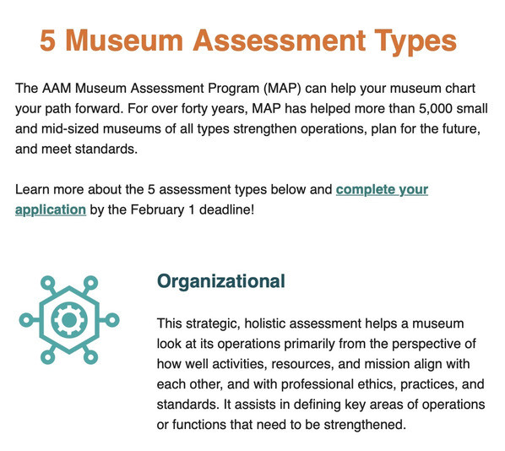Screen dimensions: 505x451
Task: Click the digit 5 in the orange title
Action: coord(47,41)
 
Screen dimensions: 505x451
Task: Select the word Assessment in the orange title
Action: coord(280,41)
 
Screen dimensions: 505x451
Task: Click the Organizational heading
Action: coord(221,281)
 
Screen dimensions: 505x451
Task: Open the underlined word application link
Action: coord(51,209)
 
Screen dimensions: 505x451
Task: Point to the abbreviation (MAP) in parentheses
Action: coord(282,89)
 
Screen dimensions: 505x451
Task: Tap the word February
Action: coord(157,209)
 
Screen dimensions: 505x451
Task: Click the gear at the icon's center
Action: coord(69,320)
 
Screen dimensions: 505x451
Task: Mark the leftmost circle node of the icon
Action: coord(26,320)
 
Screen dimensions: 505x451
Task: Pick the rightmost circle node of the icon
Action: coord(112,320)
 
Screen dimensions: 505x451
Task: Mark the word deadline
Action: coord(226,209)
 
